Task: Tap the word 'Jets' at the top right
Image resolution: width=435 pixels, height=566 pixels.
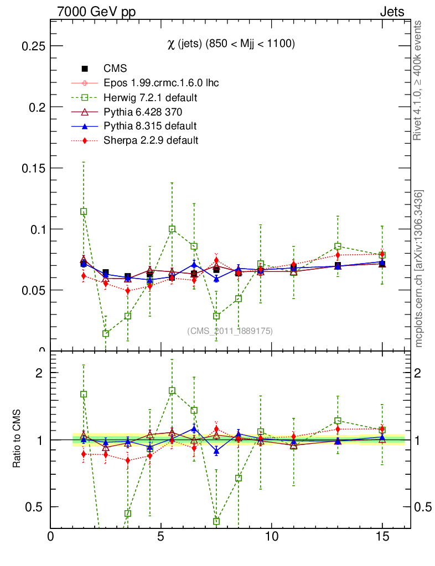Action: [x=391, y=12]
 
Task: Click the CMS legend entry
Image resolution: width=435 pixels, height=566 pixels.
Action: [x=116, y=69]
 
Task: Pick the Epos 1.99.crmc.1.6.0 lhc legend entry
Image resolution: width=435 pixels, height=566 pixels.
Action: [x=161, y=83]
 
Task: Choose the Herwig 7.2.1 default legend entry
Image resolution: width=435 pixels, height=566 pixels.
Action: [x=151, y=97]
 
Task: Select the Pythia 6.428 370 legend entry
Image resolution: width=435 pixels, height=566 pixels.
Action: [x=143, y=112]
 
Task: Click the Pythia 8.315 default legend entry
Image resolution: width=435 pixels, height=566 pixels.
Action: [x=150, y=126]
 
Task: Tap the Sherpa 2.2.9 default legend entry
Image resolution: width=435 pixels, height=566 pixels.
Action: [x=151, y=140]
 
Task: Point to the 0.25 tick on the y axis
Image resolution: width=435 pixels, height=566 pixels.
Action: [x=33, y=46]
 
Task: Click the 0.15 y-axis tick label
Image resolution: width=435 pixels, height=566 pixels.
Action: [x=33, y=168]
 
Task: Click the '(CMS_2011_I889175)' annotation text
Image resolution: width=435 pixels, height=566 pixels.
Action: [x=230, y=331]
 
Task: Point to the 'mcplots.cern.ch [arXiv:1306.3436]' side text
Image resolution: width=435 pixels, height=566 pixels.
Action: [x=419, y=269]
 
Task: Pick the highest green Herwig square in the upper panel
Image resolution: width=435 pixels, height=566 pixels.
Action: [x=84, y=212]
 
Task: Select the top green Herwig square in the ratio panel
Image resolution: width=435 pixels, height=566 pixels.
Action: [x=172, y=391]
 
